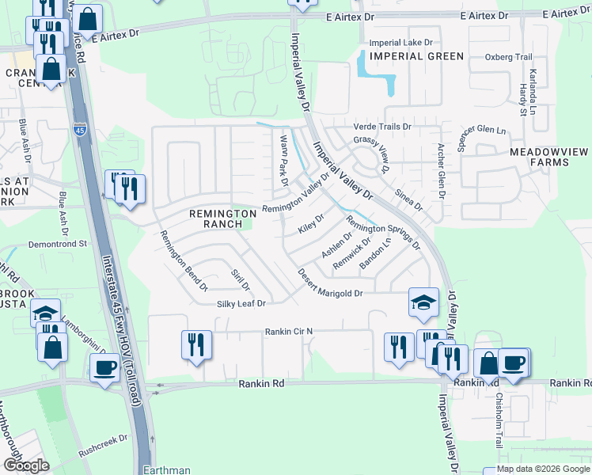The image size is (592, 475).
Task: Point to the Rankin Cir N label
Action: pyautogui.click(x=289, y=331)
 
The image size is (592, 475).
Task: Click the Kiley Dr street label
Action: pyautogui.click(x=311, y=223)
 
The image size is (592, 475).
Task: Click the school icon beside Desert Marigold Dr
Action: pyautogui.click(x=423, y=302)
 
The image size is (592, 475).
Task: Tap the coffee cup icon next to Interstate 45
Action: pyautogui.click(x=106, y=368)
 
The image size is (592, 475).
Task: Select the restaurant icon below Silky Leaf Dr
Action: pyautogui.click(x=197, y=344)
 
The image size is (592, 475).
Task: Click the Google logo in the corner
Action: pyautogui.click(x=26, y=465)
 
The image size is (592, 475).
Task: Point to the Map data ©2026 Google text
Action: pyautogui.click(x=543, y=469)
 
